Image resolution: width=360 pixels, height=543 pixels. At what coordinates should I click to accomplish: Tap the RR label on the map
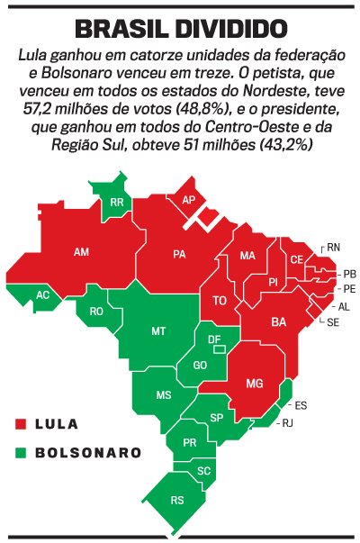[116, 203]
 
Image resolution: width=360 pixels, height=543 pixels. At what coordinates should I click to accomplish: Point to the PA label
[179, 254]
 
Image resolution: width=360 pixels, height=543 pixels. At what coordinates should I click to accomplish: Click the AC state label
[42, 294]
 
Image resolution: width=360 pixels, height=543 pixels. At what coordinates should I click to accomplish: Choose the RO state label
[97, 312]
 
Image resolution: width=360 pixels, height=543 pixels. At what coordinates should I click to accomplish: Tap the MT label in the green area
[158, 331]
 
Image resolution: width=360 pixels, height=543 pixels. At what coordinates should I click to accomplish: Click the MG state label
[255, 385]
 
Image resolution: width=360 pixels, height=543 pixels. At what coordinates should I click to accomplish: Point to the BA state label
[279, 321]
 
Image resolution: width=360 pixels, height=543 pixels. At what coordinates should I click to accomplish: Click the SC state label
[204, 471]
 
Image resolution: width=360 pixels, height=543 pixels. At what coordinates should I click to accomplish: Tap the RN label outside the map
[334, 247]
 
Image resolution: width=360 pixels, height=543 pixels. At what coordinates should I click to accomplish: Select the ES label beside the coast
[301, 405]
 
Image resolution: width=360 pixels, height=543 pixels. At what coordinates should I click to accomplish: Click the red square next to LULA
[21, 423]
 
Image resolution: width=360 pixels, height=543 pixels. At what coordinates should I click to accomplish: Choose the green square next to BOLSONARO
[21, 452]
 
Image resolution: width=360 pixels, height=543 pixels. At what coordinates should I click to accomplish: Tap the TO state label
[219, 300]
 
